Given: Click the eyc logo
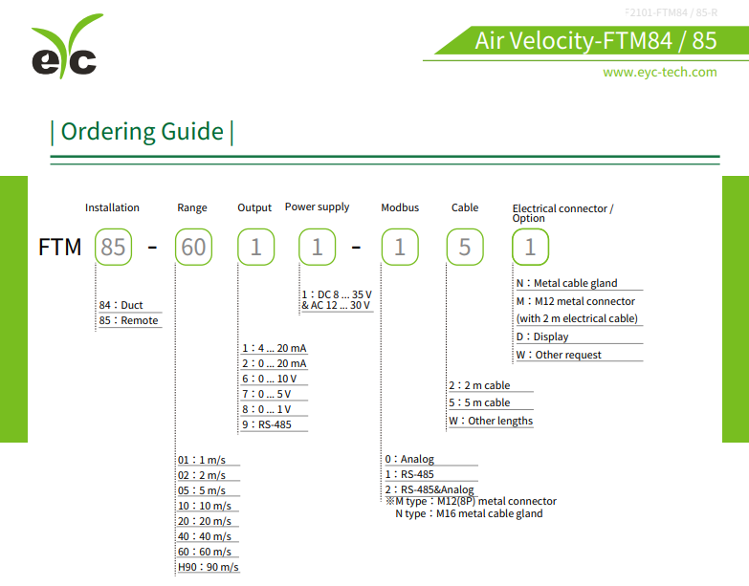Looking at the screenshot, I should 65,50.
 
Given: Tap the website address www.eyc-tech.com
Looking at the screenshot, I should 659,73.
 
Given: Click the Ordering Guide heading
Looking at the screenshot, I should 142,132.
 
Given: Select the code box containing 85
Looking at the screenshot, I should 113,248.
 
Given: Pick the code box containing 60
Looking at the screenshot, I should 193,248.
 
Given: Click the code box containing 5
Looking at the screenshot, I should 464,248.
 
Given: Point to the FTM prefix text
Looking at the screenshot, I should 60,248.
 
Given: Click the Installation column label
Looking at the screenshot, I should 112,207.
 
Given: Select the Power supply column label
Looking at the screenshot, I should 317,206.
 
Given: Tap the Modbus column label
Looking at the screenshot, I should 400,207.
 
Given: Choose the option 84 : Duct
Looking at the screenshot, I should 121,305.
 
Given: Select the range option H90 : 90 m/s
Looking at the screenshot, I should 208,567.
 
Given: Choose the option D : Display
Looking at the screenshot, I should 542,336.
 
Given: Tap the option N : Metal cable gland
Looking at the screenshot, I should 567,283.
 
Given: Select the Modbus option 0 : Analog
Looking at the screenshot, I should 409,459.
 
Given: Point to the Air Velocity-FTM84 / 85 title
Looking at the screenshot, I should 595,40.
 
